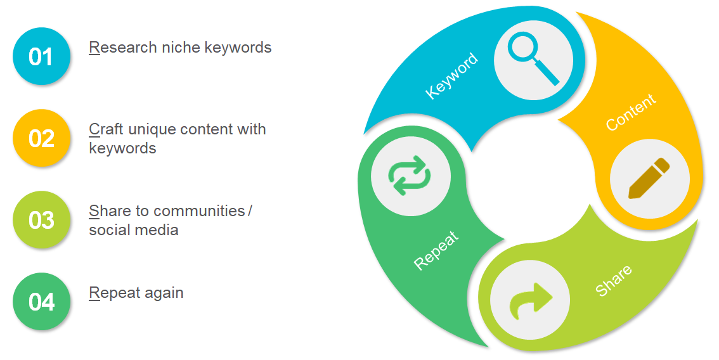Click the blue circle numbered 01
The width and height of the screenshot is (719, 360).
(41, 56)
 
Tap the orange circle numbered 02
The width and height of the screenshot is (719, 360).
(41, 138)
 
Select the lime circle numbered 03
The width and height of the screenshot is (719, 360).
(41, 220)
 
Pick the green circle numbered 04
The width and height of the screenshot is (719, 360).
(41, 301)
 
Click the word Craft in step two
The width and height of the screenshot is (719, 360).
(106, 129)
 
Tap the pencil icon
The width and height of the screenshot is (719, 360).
(649, 178)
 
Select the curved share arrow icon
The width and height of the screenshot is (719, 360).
(531, 300)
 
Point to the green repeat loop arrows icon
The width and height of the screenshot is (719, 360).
(410, 176)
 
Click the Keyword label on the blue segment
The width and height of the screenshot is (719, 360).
(451, 75)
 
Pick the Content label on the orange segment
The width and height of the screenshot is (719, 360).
(631, 112)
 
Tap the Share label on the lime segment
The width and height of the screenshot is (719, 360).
(614, 280)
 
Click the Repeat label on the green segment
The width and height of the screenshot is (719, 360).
(436, 250)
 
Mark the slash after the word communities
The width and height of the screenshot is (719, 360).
(250, 211)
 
